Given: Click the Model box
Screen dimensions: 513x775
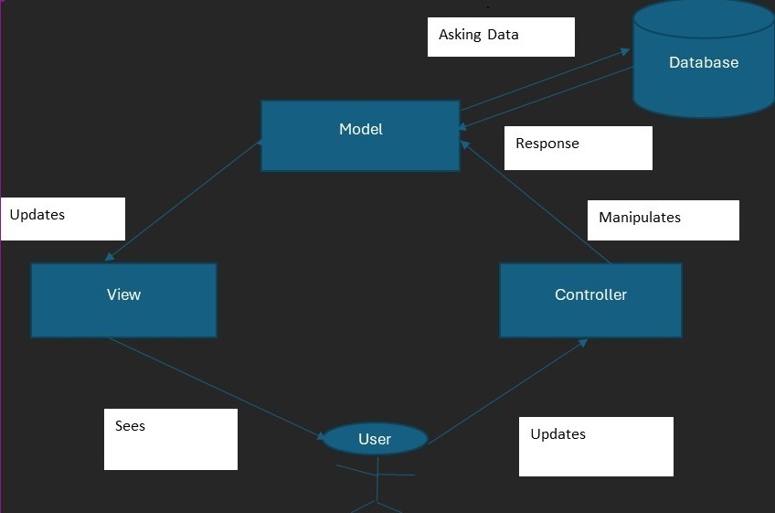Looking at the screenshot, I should pos(360,135).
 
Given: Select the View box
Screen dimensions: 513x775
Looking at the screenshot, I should pos(123,300).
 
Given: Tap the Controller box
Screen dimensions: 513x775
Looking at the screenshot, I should pos(590,300).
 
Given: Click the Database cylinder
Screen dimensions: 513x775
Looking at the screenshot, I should pos(704,62).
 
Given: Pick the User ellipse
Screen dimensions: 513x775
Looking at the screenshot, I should pos(375,439).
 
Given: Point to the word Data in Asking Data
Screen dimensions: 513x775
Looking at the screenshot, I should pos(503,35).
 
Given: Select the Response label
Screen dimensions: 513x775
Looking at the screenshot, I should pos(547,144).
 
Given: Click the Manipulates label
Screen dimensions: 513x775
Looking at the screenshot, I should pos(640,218).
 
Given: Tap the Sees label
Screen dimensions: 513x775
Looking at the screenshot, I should pos(130,426).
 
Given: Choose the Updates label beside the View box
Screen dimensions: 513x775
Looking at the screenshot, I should pos(37,215).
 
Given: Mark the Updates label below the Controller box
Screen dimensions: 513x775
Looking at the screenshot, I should pos(558,434).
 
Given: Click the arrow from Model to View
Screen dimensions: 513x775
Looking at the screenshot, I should pos(183,201).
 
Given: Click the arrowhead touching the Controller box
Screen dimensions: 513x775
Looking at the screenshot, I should pos(582,343).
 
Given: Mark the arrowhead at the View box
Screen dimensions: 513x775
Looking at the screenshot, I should pos(111,258).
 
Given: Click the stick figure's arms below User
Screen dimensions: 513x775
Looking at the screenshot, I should pos(376,474).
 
